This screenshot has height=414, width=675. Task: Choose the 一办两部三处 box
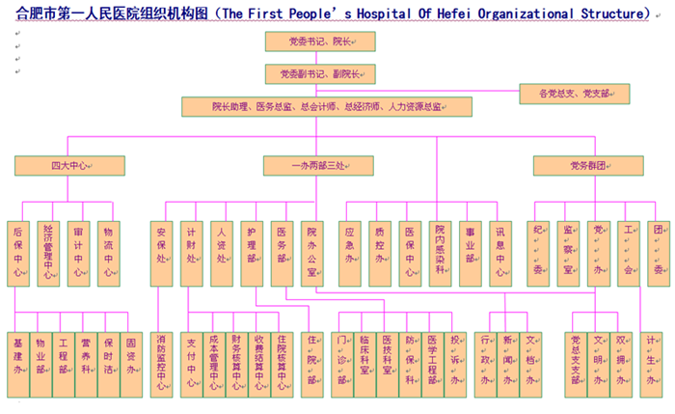click(318, 166)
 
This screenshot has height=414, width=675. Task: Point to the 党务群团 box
click(576, 166)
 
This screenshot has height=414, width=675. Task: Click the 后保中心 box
click(18, 253)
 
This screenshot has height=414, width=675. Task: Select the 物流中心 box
click(107, 253)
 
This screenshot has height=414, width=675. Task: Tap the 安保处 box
click(162, 253)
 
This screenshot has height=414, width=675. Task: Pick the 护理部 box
click(252, 253)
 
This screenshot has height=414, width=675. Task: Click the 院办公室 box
click(311, 253)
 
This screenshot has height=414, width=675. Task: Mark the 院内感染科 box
click(439, 253)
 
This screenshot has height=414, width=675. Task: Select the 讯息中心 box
click(499, 253)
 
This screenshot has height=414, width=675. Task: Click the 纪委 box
click(538, 253)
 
